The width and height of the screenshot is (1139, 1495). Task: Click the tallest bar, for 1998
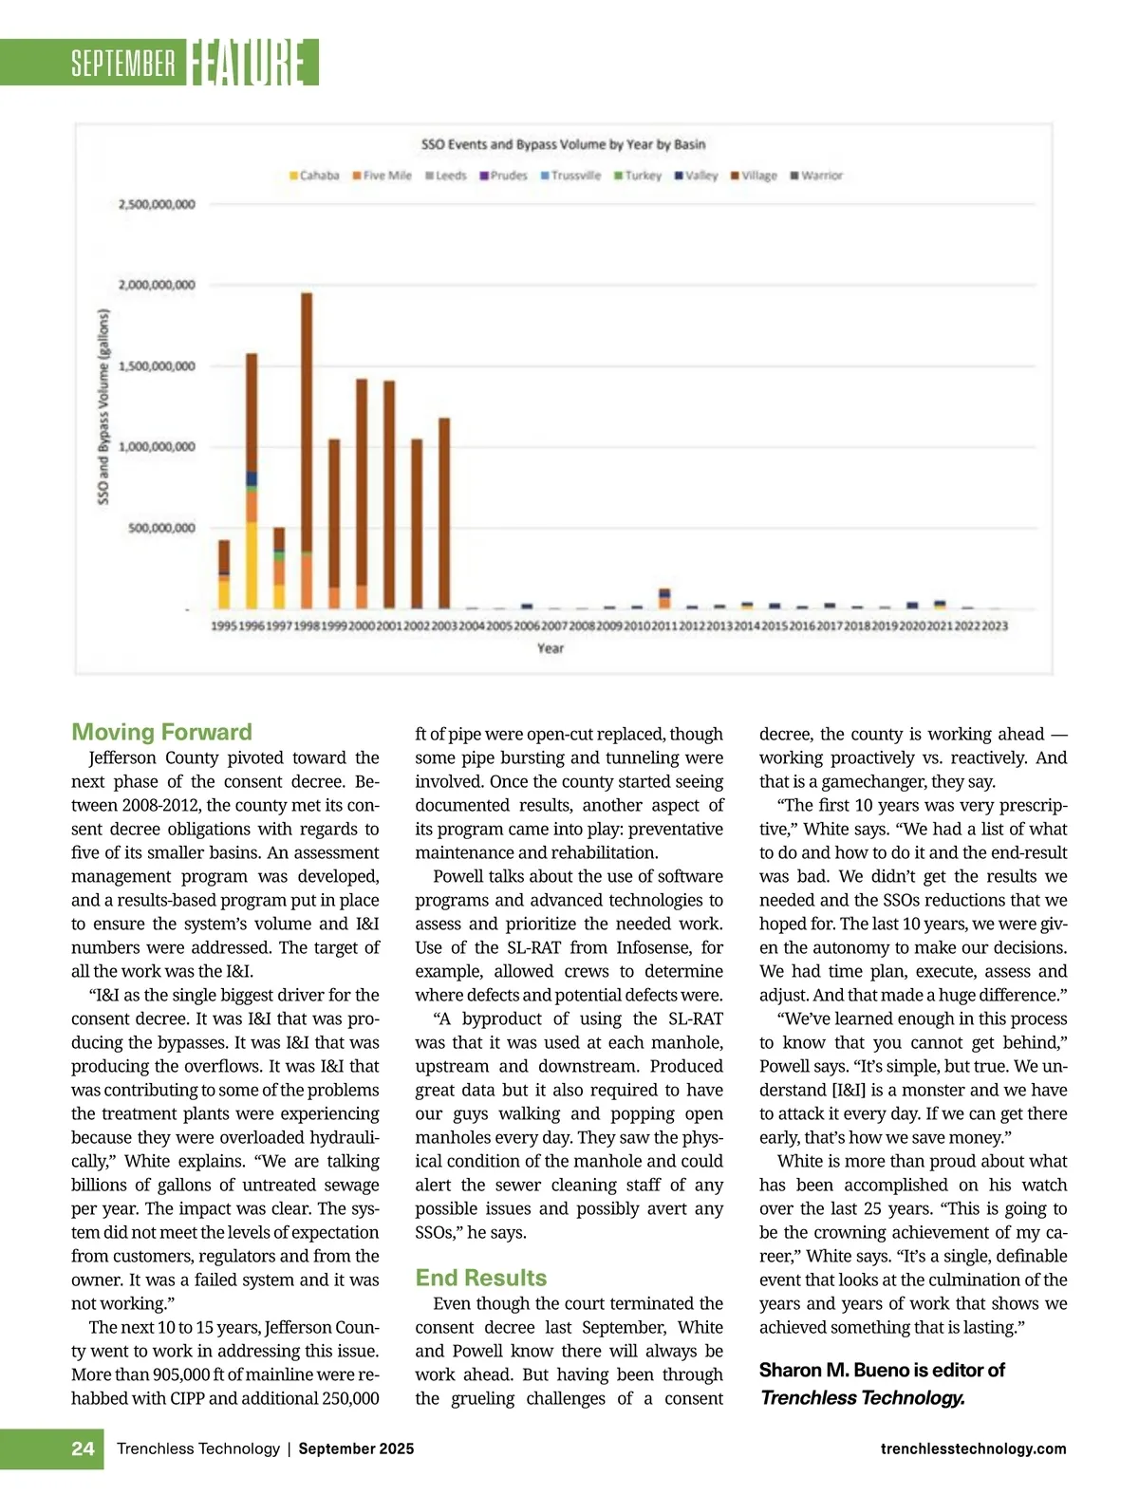pyautogui.click(x=307, y=451)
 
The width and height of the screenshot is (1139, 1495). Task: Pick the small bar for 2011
pyautogui.click(x=664, y=598)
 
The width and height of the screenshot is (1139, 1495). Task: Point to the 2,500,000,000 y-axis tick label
pyautogui.click(x=157, y=204)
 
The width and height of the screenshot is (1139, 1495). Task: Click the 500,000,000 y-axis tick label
pyautogui.click(x=162, y=528)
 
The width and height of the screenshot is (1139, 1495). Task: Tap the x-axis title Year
pyautogui.click(x=551, y=648)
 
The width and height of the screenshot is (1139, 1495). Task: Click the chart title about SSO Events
pyautogui.click(x=563, y=144)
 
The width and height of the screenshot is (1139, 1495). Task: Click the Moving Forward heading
pyautogui.click(x=162, y=732)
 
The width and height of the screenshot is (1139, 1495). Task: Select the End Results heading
pyautogui.click(x=481, y=1278)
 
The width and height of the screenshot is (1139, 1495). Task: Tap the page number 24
pyautogui.click(x=83, y=1448)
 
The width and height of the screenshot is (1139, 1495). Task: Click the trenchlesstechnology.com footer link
pyautogui.click(x=973, y=1448)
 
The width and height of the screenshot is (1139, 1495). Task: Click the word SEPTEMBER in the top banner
pyautogui.click(x=123, y=64)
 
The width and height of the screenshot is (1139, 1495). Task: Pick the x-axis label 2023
pyautogui.click(x=995, y=626)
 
